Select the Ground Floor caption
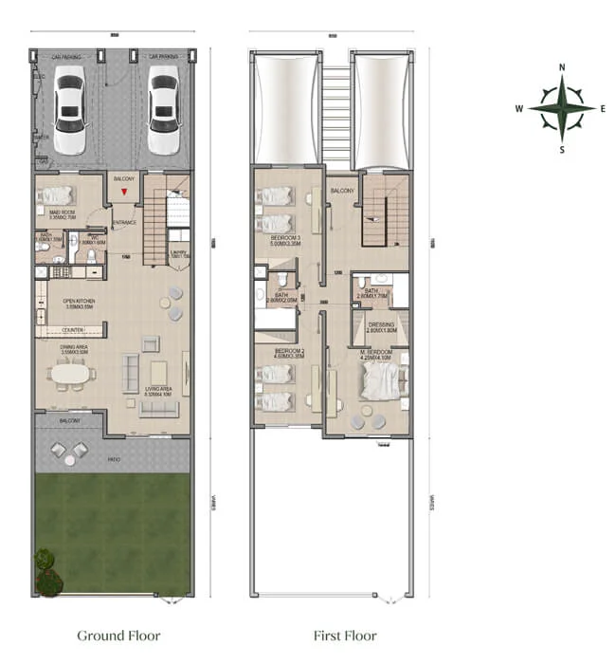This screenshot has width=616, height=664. pyautogui.click(x=118, y=636)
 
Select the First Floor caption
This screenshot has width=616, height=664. pyautogui.click(x=345, y=636)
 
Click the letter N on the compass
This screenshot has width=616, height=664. pyautogui.click(x=562, y=67)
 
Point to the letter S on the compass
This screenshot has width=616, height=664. pyautogui.click(x=562, y=150)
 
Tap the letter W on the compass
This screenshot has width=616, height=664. pyautogui.click(x=519, y=108)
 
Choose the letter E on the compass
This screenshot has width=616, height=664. pyautogui.click(x=604, y=108)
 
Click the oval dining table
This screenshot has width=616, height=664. pyautogui.click(x=72, y=373)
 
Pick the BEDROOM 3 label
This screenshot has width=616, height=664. pyautogui.click(x=285, y=238)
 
